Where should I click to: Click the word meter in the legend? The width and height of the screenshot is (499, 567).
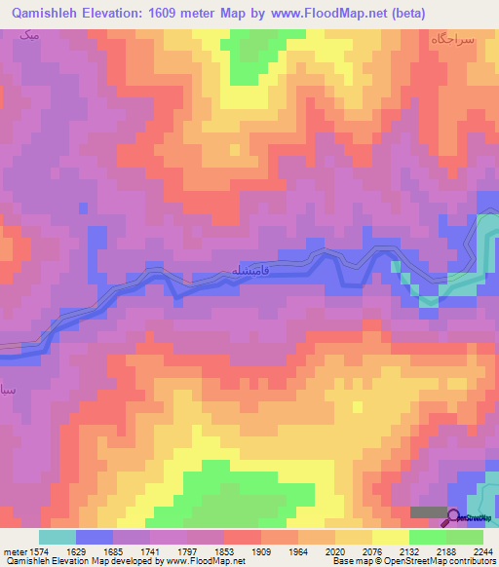[16, 551]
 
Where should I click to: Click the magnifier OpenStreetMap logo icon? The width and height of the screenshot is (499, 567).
[454, 516]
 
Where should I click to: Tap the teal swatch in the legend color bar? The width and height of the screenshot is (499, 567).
[57, 537]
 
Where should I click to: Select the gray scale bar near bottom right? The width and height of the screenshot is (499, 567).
[425, 511]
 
